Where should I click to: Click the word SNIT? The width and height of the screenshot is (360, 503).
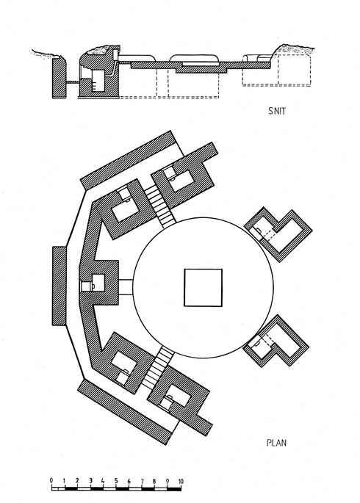click(x=276, y=111)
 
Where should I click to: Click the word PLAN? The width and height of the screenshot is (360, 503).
click(x=276, y=443)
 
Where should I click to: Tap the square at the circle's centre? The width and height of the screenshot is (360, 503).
click(x=203, y=288)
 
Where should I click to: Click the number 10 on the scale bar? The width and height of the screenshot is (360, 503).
click(x=180, y=481)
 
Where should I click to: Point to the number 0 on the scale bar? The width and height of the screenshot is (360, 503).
click(x=51, y=480)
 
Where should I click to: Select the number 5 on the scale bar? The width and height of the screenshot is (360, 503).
click(x=116, y=480)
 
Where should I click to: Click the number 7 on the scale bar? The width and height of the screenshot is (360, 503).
click(x=142, y=481)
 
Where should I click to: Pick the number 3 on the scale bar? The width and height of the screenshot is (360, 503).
click(x=90, y=480)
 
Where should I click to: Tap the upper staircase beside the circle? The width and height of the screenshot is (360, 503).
click(x=160, y=206)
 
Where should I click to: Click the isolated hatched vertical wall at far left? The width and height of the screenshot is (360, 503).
click(x=59, y=286)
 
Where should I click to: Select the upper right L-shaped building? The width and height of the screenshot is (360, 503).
click(x=278, y=234)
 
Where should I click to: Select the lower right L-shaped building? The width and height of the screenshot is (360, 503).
click(x=276, y=341)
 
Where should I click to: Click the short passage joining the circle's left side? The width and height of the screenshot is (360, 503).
click(x=126, y=287)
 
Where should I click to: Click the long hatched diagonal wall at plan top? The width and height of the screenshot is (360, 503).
click(x=129, y=159)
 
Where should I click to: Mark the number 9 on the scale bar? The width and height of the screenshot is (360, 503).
click(x=168, y=481)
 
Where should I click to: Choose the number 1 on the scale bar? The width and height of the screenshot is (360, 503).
click(x=64, y=480)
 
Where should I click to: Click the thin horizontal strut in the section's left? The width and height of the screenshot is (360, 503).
click(x=73, y=82)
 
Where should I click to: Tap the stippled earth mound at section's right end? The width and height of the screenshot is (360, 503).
click(x=295, y=48)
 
